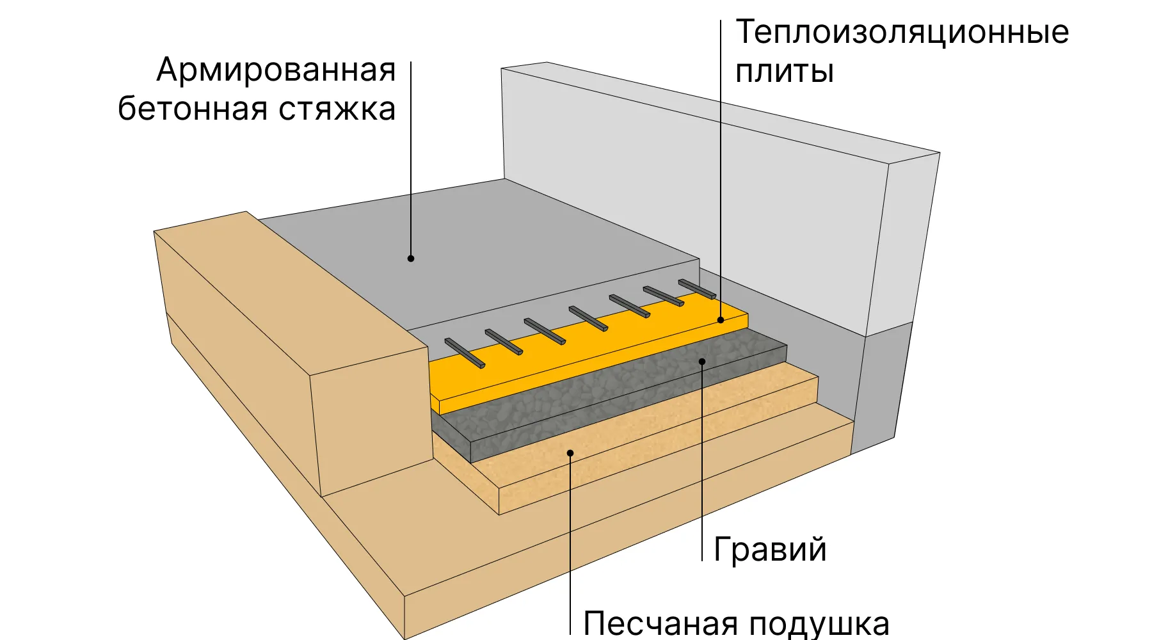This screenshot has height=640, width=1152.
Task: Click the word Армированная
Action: (x=276, y=70)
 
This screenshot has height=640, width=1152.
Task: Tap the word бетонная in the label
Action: (x=192, y=108)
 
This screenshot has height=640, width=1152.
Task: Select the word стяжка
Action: (x=337, y=109)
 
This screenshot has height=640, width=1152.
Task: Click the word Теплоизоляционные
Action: (x=902, y=32)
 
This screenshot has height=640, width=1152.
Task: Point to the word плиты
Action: (x=785, y=70)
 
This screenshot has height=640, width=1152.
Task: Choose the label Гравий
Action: (x=770, y=549)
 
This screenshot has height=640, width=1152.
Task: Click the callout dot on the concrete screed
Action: (x=411, y=259)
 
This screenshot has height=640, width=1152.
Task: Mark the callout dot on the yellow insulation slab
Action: (x=721, y=319)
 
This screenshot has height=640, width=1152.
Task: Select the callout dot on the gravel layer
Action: (x=702, y=362)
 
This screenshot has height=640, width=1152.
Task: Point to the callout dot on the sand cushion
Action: (x=570, y=453)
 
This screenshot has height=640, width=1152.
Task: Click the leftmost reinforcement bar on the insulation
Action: (x=465, y=353)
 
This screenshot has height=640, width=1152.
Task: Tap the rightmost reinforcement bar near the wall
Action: (x=697, y=289)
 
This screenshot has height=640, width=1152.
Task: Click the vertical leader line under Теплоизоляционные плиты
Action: (x=721, y=170)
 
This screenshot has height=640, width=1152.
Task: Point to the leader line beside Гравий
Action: (x=702, y=461)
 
